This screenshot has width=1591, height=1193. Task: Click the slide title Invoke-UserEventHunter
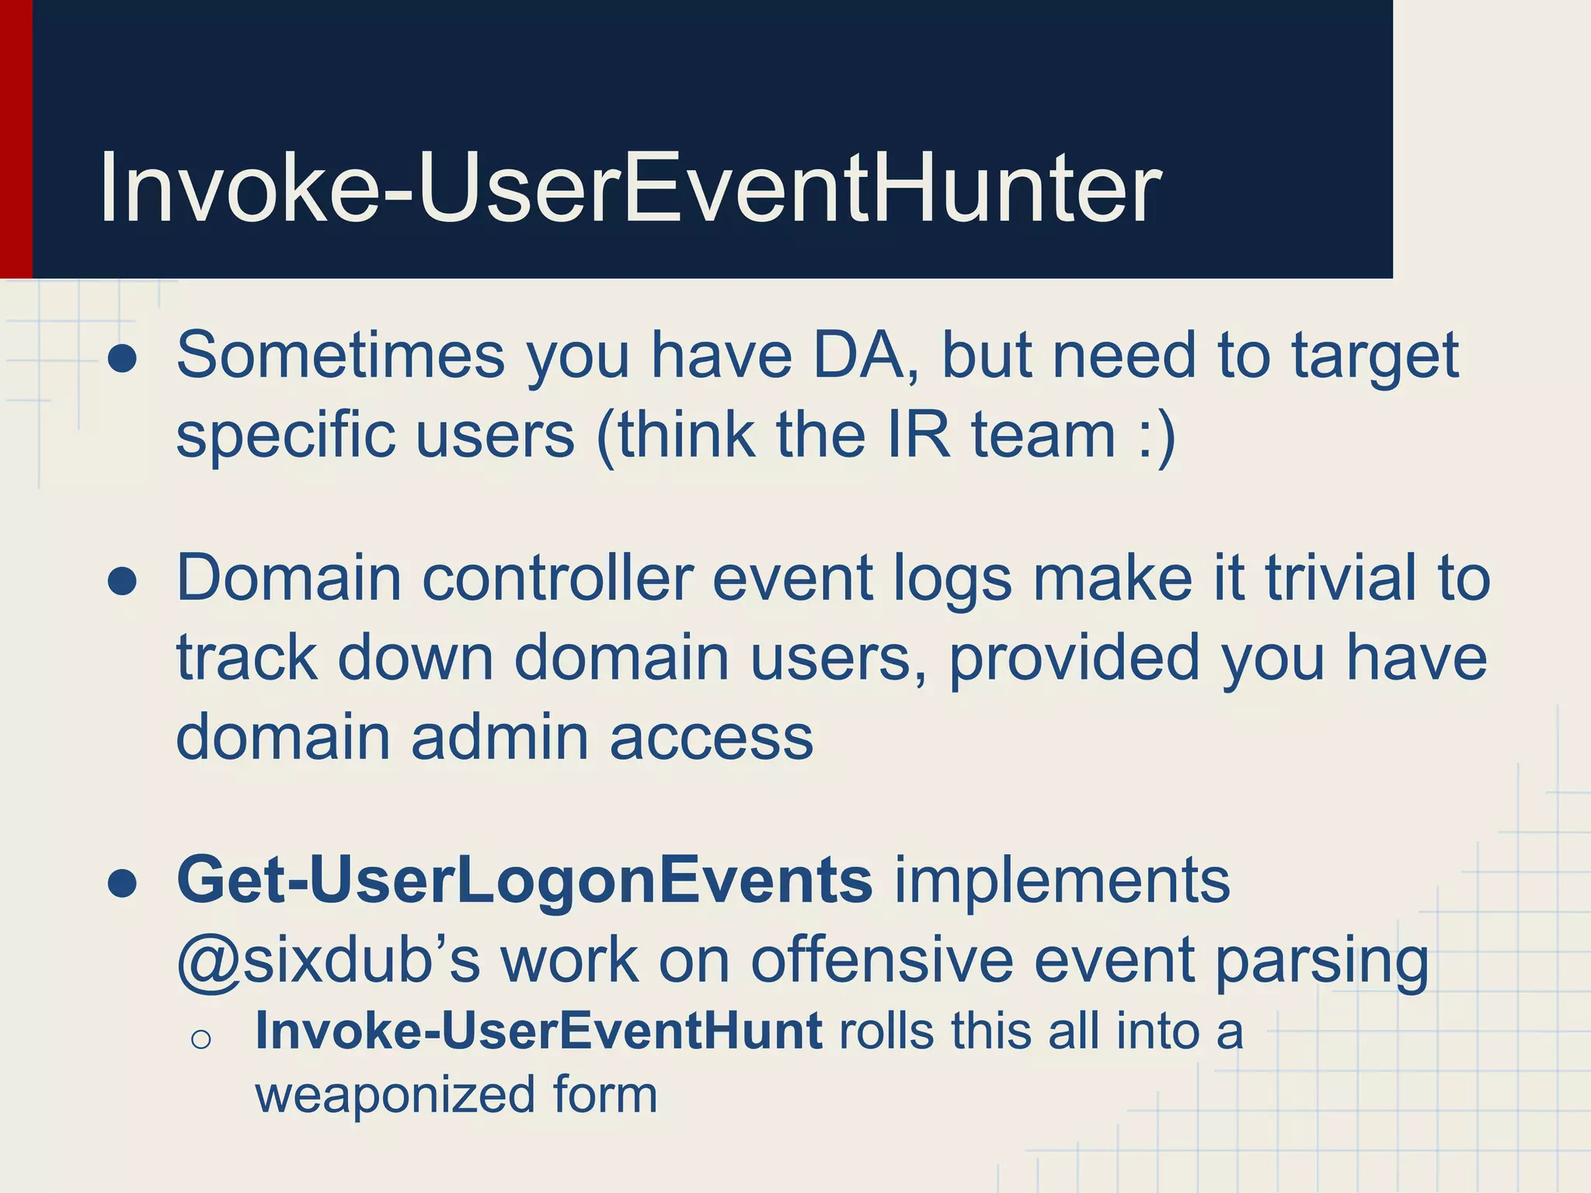click(629, 189)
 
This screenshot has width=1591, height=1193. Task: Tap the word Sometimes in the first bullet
click(341, 356)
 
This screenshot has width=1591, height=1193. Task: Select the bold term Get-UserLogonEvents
click(524, 882)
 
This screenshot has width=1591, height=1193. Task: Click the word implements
click(1062, 882)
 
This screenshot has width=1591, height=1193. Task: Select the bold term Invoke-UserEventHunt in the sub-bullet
click(538, 1031)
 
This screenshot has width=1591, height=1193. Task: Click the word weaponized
click(395, 1095)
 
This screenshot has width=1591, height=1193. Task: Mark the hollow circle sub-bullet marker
click(200, 1039)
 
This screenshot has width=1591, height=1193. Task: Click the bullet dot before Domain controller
click(123, 582)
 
